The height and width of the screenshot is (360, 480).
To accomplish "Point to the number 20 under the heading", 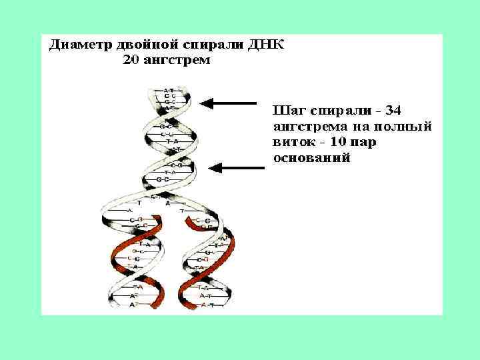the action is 131,61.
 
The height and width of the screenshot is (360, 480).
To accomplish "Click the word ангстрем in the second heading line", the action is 177,61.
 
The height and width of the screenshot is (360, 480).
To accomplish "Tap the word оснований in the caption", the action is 312,159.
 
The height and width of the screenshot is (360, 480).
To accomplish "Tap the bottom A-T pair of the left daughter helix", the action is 132,303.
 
